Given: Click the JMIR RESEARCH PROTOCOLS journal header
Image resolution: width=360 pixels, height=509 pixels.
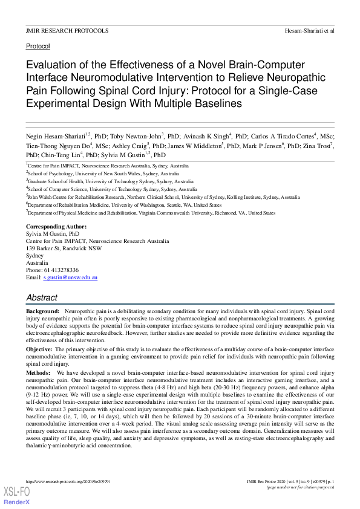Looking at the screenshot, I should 67,30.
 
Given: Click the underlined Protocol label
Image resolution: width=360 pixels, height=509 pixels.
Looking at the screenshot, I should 38,46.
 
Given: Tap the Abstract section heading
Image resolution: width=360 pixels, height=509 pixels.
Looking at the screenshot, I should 42,297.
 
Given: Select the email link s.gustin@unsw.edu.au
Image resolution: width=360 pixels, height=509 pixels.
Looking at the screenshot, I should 70,277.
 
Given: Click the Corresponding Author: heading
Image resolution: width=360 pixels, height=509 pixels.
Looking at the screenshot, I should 56,227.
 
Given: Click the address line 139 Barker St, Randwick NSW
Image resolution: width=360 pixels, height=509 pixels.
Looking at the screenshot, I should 64,248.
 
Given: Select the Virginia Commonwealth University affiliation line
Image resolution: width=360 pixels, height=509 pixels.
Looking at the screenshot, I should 151,213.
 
